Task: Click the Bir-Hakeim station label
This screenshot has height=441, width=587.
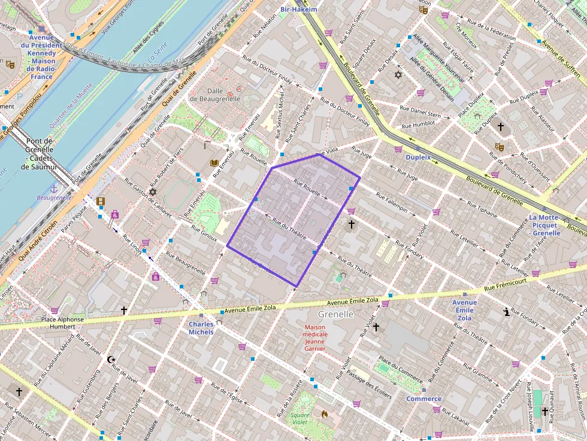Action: tap(299, 10)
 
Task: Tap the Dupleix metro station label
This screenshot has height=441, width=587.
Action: tap(418, 157)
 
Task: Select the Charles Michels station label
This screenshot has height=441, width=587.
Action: tap(201, 328)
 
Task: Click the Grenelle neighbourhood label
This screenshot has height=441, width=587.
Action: tap(335, 314)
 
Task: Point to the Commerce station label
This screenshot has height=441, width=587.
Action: tap(424, 399)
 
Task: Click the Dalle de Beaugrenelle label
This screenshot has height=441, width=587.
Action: tap(214, 94)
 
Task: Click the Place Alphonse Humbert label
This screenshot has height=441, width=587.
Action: tap(62, 323)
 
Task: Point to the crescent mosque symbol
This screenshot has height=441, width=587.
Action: tap(110, 360)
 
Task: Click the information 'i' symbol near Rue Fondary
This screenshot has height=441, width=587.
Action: tap(507, 312)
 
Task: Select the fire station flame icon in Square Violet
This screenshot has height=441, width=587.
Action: tap(324, 413)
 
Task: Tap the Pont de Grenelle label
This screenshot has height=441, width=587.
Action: tap(40, 154)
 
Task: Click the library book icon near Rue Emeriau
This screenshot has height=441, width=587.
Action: tap(214, 163)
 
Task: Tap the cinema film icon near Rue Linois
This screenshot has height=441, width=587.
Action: tap(100, 201)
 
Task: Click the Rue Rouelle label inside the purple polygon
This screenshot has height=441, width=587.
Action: tap(307, 190)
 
